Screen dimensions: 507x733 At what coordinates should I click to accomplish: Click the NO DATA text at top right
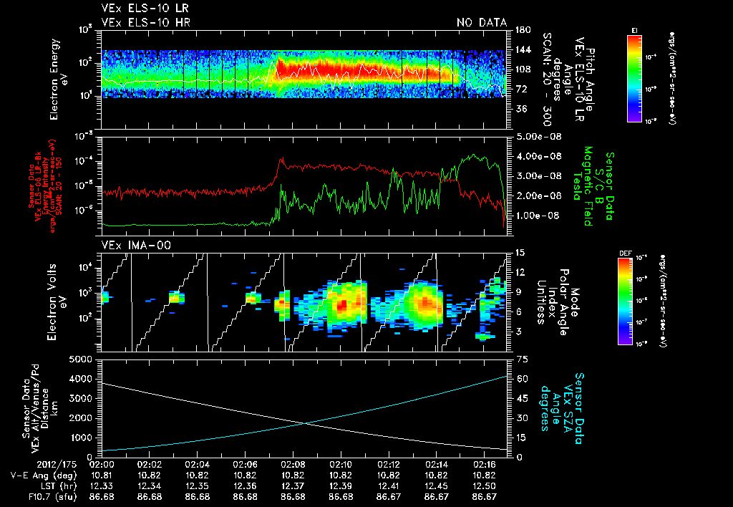pos(482,22)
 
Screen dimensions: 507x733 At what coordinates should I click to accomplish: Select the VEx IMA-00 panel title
pos(126,246)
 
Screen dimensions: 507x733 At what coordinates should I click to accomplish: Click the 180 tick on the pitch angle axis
pos(520,30)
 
